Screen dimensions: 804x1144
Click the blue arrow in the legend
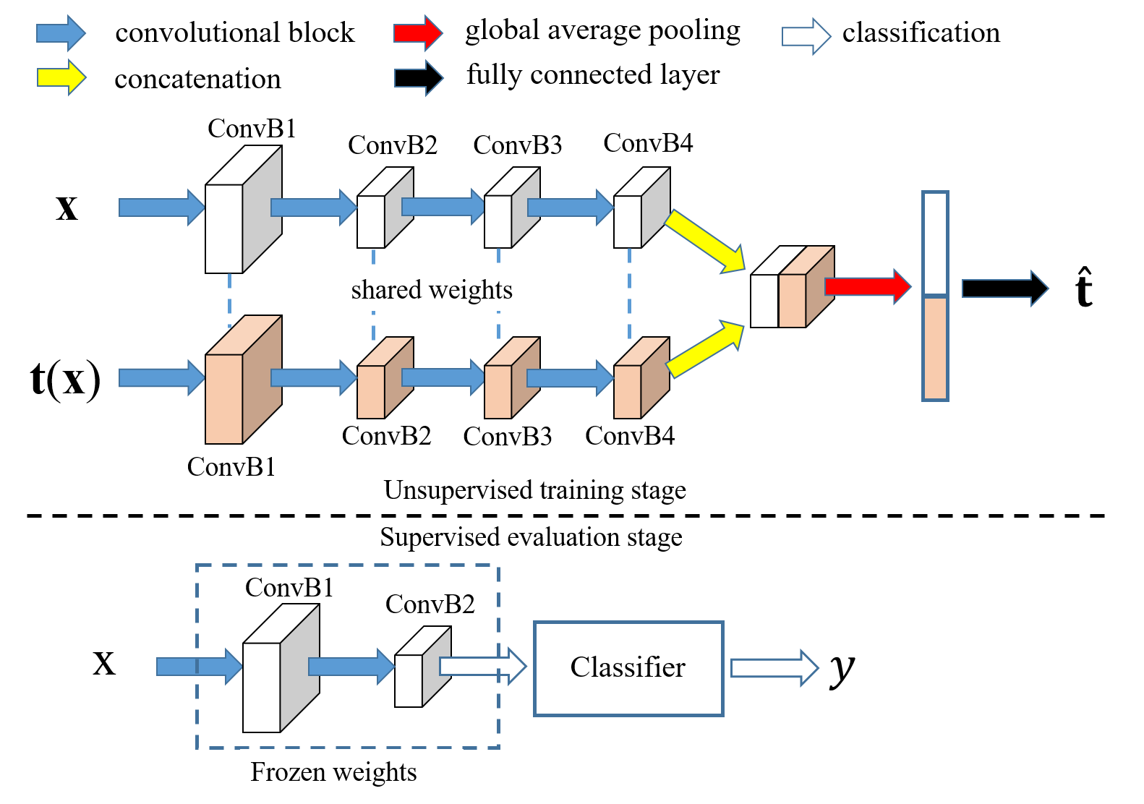tap(61, 33)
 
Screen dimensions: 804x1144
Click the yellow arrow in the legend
tap(61, 77)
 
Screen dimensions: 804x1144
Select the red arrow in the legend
tap(418, 33)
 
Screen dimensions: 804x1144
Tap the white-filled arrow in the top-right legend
tap(806, 36)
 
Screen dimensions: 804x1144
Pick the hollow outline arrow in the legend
tap(419, 78)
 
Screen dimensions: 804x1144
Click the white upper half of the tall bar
tap(935, 243)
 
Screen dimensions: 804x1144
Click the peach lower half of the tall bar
tap(935, 348)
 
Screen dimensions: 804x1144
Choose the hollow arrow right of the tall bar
tap(1004, 288)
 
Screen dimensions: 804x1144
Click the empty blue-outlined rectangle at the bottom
tap(628, 669)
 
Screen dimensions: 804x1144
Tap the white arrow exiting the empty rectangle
tap(774, 667)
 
